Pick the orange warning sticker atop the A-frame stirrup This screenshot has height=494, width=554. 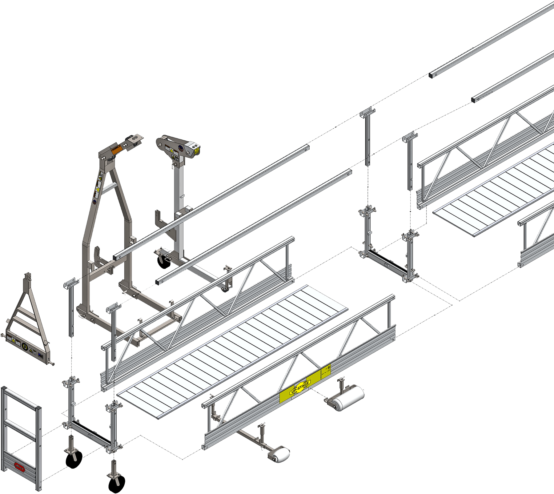point(117,148)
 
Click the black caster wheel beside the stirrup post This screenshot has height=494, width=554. point(163,262)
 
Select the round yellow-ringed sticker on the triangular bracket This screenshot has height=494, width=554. point(25,347)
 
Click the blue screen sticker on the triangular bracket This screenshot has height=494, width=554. point(41,355)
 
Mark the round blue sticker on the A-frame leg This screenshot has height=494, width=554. point(94,202)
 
